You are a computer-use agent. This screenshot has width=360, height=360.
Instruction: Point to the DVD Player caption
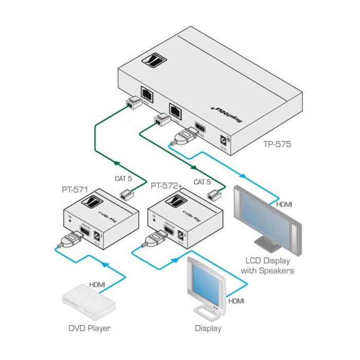90,328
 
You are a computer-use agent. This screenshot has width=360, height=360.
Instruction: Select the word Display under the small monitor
208,328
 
